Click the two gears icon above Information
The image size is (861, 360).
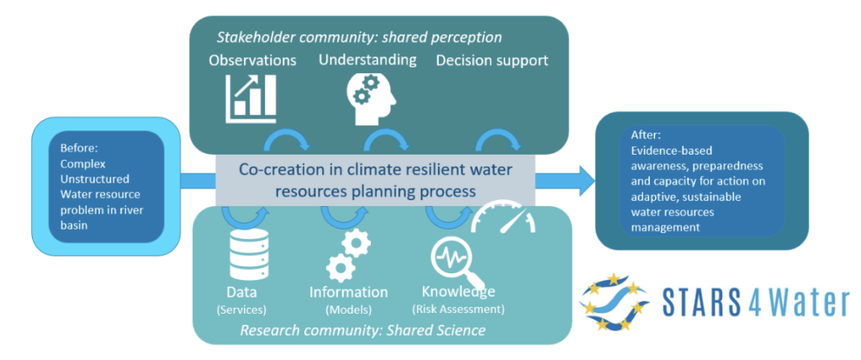[347, 257]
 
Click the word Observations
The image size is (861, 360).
[253, 61]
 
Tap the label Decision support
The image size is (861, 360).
[492, 61]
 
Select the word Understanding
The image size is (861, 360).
[367, 60]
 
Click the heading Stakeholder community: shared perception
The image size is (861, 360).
[359, 37]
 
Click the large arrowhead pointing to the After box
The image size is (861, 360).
[580, 178]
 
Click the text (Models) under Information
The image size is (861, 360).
[348, 309]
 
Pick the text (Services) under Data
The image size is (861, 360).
[241, 309]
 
